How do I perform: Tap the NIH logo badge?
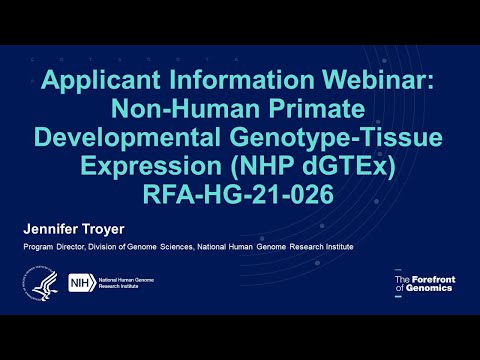(75, 285)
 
